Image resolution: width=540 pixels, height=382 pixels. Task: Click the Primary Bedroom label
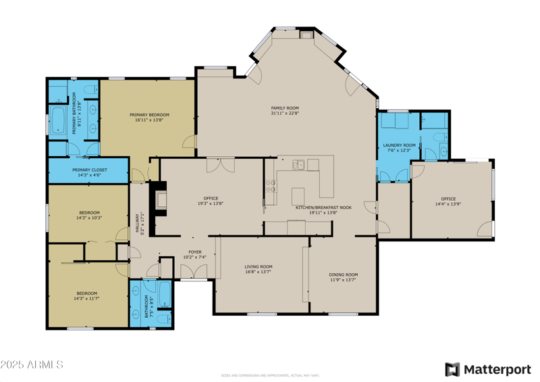pyautogui.click(x=149, y=115)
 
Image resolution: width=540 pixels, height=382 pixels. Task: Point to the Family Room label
pyautogui.click(x=285, y=108)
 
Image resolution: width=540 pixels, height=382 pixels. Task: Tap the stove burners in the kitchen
pyautogui.click(x=271, y=187)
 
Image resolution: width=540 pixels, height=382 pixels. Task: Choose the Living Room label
pyautogui.click(x=258, y=266)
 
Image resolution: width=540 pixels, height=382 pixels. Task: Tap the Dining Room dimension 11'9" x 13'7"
pyautogui.click(x=343, y=280)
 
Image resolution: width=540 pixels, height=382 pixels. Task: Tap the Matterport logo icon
pyautogui.click(x=452, y=369)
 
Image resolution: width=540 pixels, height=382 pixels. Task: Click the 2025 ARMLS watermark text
pyautogui.click(x=32, y=364)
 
